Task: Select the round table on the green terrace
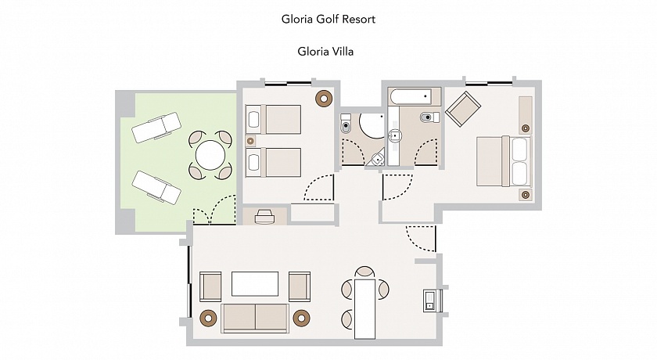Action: point(210,155)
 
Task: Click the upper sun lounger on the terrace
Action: point(156,127)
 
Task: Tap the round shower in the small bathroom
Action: point(372,125)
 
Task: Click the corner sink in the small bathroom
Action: point(377,158)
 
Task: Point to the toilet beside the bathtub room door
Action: point(430,117)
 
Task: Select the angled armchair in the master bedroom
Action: point(463,109)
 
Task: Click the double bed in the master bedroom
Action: point(504,161)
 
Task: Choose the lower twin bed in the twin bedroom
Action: point(273,162)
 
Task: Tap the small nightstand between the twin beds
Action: point(250,141)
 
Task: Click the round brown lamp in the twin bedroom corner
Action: point(324,99)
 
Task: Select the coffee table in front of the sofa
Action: point(255,284)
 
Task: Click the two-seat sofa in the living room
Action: point(255,318)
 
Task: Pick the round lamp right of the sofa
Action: point(301,318)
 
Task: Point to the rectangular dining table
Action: point(365,308)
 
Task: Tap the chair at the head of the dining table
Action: point(364,272)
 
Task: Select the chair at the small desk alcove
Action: point(264,217)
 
